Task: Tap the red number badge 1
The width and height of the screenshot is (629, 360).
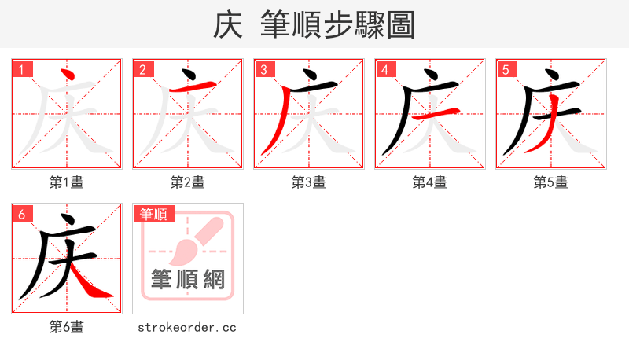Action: (21, 69)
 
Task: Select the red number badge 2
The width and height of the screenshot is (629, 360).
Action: (142, 69)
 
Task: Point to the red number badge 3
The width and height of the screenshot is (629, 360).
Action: (263, 69)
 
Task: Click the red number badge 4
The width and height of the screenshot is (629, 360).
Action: (384, 69)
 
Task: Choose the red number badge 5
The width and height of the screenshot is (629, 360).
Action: (506, 69)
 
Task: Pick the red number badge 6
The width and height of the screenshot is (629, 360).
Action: (21, 214)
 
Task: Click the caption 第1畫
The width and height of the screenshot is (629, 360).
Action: (67, 182)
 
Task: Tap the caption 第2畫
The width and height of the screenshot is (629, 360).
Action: (188, 182)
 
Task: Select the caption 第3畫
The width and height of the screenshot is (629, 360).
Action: (309, 182)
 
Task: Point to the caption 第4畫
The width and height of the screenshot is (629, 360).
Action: (430, 182)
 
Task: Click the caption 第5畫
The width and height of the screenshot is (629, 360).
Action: (551, 182)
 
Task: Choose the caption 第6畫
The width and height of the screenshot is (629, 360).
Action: (67, 327)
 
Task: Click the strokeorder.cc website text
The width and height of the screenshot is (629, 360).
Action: (187, 327)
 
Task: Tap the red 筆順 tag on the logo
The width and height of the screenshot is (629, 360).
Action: (153, 214)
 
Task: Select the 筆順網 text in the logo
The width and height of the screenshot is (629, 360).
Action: (188, 279)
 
